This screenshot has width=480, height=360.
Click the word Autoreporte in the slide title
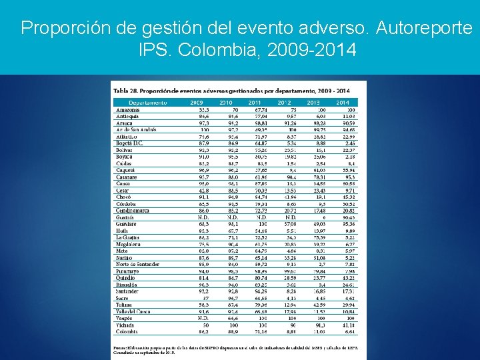423,28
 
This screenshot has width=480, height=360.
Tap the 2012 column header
285,103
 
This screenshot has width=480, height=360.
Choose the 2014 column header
343,103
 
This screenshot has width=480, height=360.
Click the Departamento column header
148,103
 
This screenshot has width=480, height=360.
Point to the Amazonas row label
129,109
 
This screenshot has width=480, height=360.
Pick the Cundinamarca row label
135,210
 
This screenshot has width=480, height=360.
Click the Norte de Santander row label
138,264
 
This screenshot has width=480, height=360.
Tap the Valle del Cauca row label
133,311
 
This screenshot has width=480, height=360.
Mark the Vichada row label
126,325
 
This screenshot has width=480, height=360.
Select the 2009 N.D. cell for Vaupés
203,318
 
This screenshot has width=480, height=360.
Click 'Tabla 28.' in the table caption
125,89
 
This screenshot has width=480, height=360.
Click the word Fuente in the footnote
121,347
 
